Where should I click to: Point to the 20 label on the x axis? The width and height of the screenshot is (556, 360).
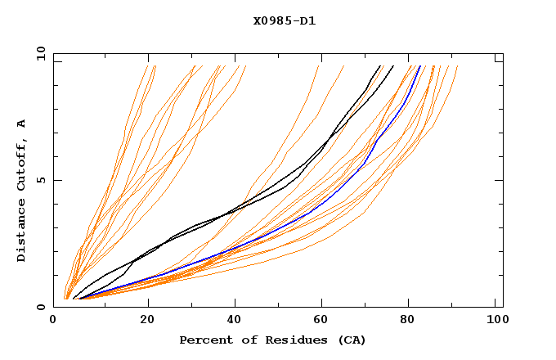click(148, 320)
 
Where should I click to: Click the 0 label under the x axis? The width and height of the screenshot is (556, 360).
click(54, 320)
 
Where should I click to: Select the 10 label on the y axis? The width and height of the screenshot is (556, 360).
click(38, 53)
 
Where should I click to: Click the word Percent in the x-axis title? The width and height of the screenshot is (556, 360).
click(204, 340)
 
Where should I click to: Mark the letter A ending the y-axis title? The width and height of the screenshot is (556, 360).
click(22, 124)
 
